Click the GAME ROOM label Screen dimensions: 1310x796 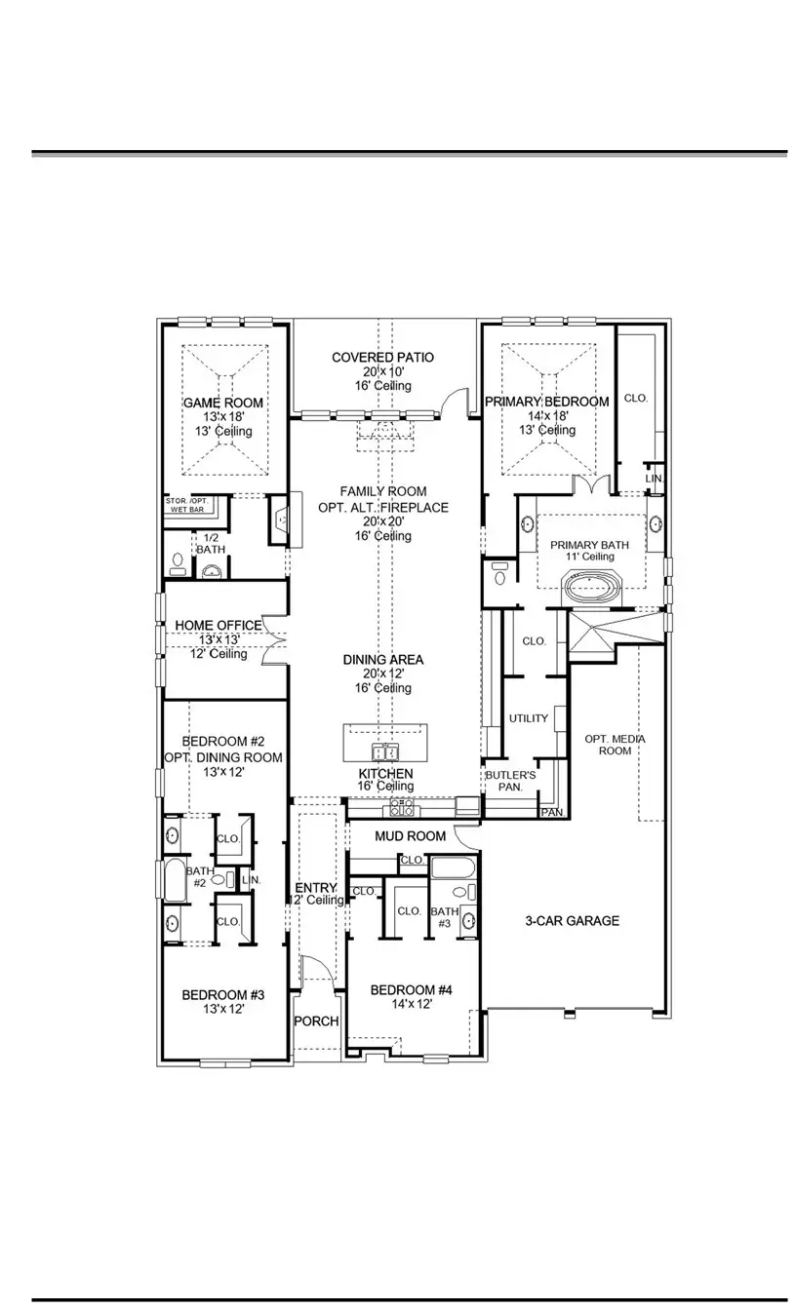click(223, 403)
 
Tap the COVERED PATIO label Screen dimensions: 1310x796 click(382, 358)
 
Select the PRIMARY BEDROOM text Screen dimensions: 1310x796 click(547, 402)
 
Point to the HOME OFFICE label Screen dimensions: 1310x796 click(218, 626)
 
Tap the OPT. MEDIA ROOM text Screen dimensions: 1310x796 click(615, 745)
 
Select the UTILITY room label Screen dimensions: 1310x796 click(528, 719)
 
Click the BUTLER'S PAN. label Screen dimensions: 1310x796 click(510, 780)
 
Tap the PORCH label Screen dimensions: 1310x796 click(316, 1021)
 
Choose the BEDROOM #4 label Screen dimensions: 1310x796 click(411, 990)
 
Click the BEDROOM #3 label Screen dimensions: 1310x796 click(223, 995)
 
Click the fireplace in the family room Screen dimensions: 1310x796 click(280, 522)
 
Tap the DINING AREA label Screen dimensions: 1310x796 click(382, 660)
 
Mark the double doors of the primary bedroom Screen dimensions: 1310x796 click(593, 485)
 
